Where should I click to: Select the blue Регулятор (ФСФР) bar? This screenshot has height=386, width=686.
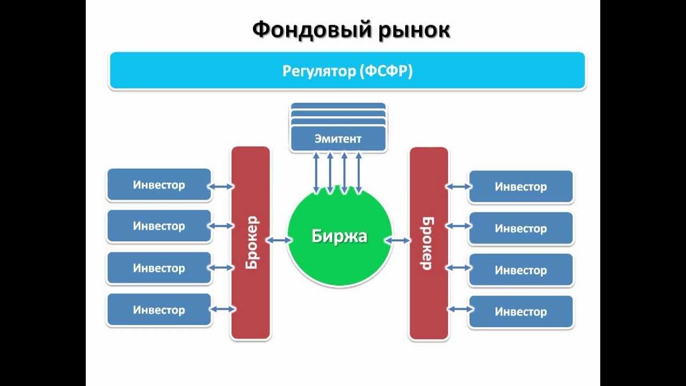tap(347, 71)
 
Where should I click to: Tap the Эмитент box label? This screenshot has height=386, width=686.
tap(338, 139)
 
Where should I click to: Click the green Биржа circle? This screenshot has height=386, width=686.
tap(339, 236)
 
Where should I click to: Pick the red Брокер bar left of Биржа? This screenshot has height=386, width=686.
tap(250, 242)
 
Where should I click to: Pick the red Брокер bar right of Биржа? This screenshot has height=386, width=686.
tap(428, 243)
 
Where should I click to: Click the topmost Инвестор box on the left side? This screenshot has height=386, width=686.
tap(159, 185)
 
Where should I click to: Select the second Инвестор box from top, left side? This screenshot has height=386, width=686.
tap(159, 226)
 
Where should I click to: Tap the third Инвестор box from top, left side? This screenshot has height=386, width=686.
tap(159, 268)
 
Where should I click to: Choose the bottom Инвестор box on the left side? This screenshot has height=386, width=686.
tap(159, 310)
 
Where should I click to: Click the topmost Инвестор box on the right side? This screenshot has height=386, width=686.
tap(520, 187)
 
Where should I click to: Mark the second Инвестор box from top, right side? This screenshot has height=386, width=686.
tap(520, 228)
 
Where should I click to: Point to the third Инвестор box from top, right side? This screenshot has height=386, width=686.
tap(520, 270)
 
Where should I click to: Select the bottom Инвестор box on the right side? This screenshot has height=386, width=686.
tap(520, 311)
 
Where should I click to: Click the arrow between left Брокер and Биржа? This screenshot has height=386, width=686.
tap(278, 241)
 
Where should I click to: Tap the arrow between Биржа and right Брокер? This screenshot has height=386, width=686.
tap(398, 241)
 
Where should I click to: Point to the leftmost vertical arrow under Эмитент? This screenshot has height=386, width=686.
tap(317, 172)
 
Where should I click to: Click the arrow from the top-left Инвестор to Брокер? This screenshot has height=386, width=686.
tap(221, 187)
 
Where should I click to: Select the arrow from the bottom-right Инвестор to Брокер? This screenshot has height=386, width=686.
tap(459, 309)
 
